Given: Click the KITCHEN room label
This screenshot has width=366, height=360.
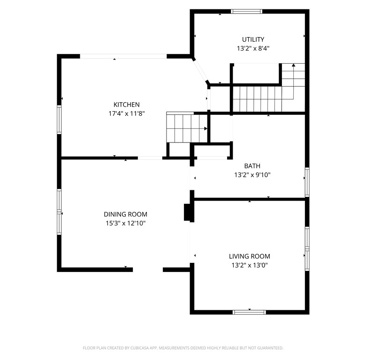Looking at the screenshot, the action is (x=127, y=105).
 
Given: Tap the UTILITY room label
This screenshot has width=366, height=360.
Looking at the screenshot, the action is (x=253, y=39).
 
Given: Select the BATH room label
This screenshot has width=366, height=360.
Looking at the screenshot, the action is (x=252, y=166).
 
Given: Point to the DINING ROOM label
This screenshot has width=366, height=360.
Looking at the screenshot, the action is (x=125, y=214).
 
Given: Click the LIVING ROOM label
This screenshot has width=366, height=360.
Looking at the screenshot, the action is (x=250, y=256).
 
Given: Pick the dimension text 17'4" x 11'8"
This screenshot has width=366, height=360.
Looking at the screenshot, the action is (x=127, y=113).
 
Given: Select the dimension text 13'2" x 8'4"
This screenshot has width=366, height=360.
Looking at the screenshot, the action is (x=253, y=48).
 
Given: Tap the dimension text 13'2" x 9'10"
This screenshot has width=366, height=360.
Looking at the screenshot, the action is (x=252, y=175).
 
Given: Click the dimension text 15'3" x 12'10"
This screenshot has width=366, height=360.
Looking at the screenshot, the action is (x=125, y=224).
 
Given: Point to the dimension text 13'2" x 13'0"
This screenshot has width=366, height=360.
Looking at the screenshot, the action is (x=250, y=265).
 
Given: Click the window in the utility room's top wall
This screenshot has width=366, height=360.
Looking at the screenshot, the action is (x=246, y=11).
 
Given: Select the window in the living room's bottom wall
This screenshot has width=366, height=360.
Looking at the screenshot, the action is (x=249, y=312).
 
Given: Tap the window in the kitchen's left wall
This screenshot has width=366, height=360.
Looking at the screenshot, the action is (x=59, y=120).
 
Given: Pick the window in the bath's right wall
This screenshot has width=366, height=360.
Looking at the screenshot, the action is (x=307, y=182).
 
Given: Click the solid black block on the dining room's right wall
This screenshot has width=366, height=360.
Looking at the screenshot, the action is (x=189, y=212).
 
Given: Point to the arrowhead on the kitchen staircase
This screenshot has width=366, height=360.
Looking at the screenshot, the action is (x=206, y=128).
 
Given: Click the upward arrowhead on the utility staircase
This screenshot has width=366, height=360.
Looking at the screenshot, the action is (x=293, y=65).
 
